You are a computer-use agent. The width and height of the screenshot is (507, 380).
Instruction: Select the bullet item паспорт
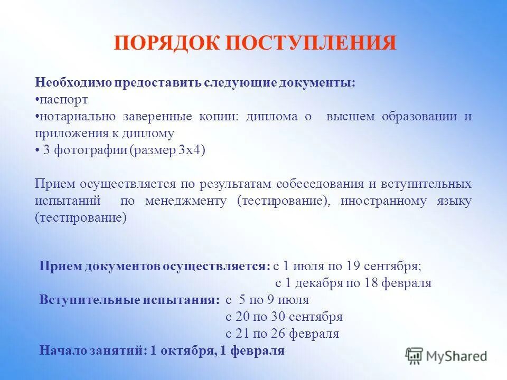click(x=63, y=100)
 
